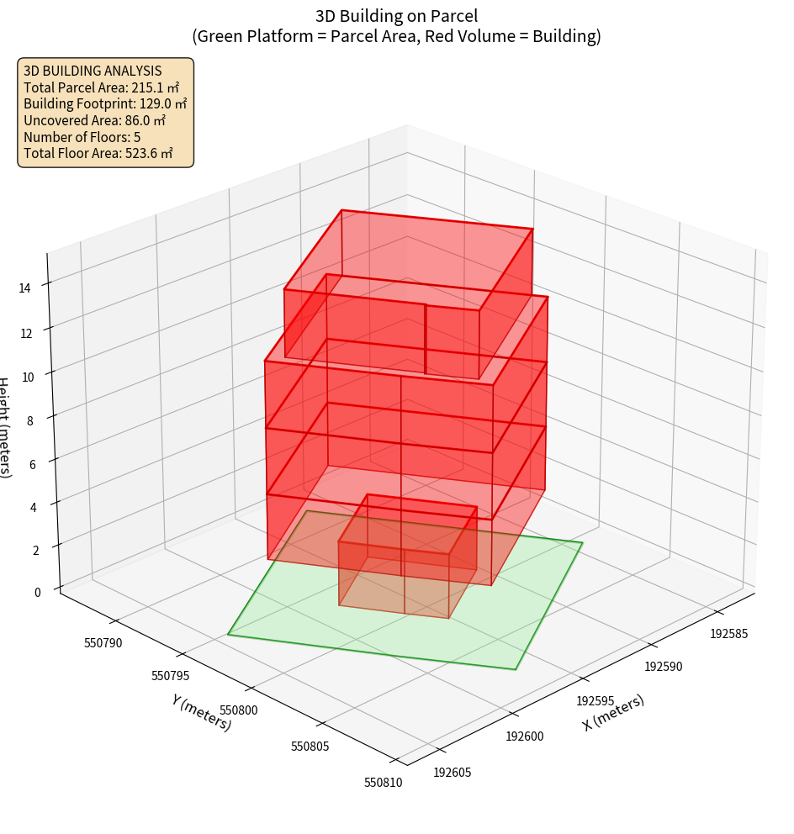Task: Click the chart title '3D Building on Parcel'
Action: point(396,16)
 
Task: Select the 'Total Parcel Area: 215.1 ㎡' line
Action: point(102,87)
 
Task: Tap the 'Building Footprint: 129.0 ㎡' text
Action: point(105,104)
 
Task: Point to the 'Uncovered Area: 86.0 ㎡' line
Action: point(94,120)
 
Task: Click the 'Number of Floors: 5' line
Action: point(82,137)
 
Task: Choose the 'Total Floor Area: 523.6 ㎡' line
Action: point(98,153)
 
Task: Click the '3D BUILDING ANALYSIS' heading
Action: point(93,71)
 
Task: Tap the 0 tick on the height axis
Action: point(37,593)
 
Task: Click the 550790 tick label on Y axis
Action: point(103,643)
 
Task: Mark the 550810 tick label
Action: point(383,783)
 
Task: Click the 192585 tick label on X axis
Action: point(728,634)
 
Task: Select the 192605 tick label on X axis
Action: point(453,772)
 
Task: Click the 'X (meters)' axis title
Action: point(613,713)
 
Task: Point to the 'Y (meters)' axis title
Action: point(202,712)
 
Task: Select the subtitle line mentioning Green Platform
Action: point(396,36)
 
